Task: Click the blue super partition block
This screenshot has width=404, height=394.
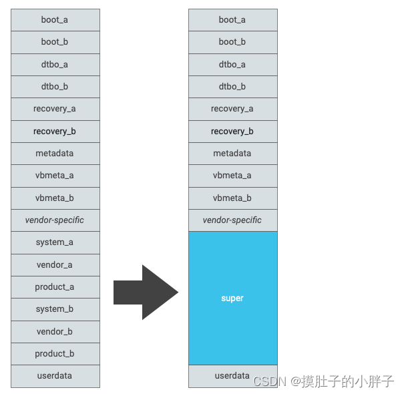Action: point(232,298)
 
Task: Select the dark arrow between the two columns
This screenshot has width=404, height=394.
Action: point(146,292)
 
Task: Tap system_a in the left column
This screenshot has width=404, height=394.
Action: point(55,242)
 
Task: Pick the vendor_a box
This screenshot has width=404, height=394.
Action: point(55,265)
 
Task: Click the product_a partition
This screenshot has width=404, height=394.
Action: point(55,287)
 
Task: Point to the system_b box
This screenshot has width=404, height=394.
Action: point(55,309)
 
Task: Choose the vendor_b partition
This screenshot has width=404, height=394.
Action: point(55,332)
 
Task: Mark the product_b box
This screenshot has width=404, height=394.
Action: point(55,354)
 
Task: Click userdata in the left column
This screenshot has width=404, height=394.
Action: point(55,376)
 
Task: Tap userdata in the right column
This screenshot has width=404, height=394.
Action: point(232,376)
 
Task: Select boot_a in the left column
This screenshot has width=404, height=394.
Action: point(55,20)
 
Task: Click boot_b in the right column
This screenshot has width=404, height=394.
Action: point(232,42)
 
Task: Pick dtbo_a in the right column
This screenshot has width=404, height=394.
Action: point(232,65)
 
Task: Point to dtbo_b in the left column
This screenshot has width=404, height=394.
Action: point(55,87)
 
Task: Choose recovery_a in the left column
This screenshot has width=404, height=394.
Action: point(55,109)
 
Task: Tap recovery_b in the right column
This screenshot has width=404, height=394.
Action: point(232,132)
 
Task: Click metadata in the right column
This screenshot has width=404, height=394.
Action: point(232,154)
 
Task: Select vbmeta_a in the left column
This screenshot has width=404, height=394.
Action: point(55,176)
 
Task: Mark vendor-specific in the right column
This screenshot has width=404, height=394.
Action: point(232,220)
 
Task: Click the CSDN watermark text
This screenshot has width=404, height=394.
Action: point(324,381)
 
